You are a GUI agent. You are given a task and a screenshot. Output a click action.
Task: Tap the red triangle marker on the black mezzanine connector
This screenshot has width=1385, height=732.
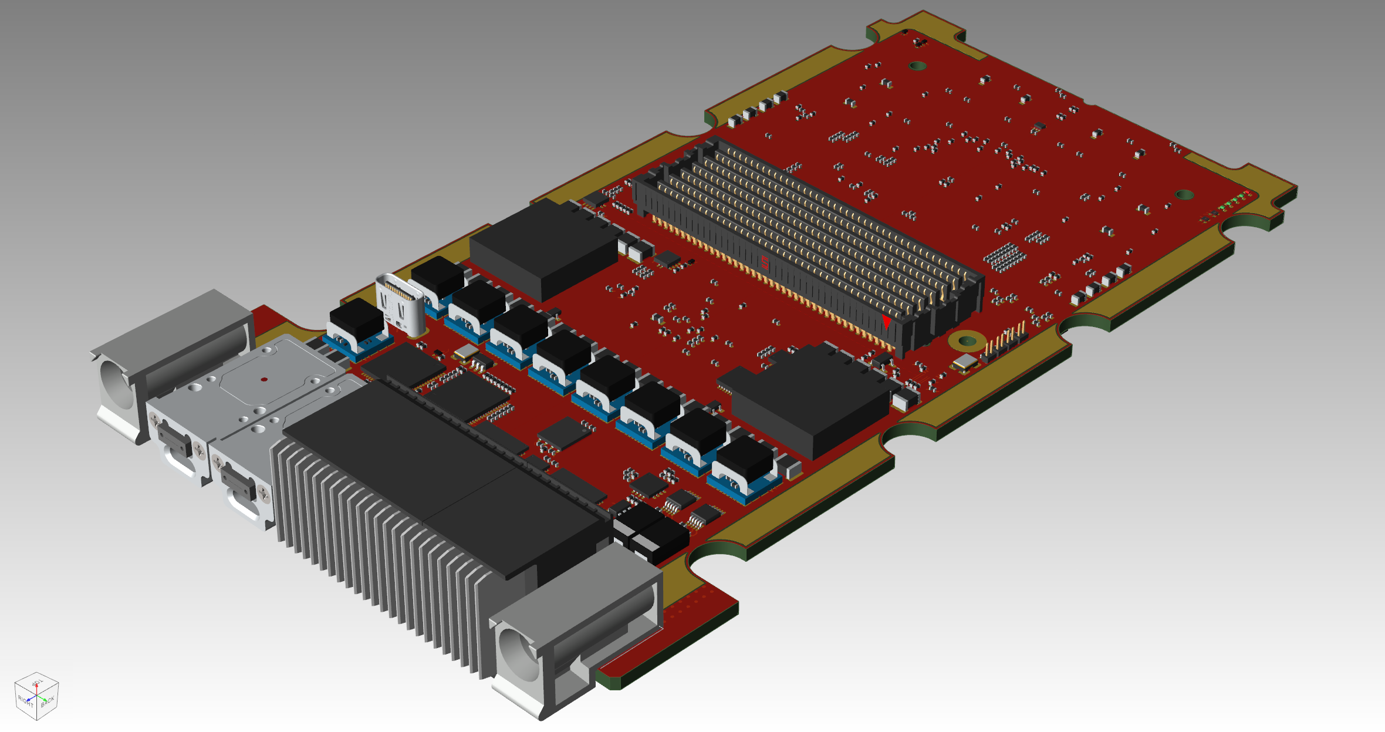pos(886,322)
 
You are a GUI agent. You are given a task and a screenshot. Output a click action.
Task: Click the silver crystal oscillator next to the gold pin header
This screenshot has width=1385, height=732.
pos(965,363)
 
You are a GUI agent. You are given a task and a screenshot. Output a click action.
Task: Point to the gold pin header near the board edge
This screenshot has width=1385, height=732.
pos(1006,340)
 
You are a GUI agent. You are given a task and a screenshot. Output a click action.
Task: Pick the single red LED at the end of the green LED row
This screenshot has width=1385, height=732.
pos(1247,193)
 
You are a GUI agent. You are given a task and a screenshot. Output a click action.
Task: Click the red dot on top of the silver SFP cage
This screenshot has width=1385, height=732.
pos(264,379)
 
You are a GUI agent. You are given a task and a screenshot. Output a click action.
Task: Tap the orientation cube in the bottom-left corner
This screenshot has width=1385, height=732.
pos(36,696)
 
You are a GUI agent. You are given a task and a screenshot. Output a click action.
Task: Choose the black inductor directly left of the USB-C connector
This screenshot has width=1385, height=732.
pos(356,320)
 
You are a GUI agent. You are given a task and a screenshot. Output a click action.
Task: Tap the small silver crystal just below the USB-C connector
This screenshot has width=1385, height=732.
pos(466,352)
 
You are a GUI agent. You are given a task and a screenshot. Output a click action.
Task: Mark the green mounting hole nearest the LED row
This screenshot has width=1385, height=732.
pos(1184,194)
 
